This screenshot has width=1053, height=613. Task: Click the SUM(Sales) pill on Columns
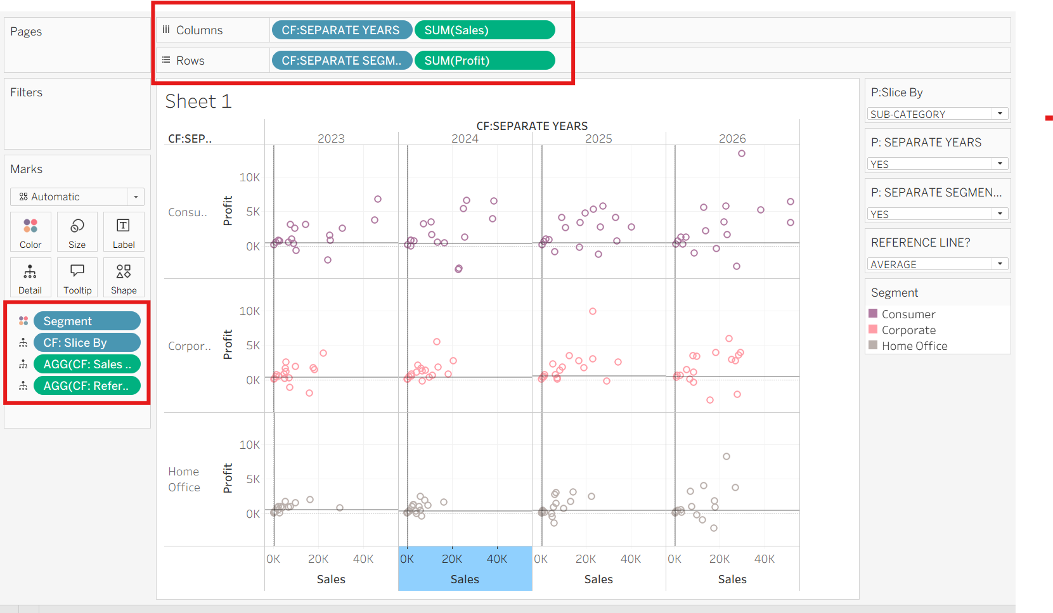click(x=485, y=30)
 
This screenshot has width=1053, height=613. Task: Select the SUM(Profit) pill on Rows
click(x=485, y=61)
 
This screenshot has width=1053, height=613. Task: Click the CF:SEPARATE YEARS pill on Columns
click(x=342, y=30)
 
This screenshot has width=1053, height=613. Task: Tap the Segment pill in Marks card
click(x=87, y=321)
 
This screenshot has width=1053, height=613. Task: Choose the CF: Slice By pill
click(x=87, y=343)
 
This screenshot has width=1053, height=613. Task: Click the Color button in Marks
click(x=30, y=232)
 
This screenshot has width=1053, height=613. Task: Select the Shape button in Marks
click(x=124, y=278)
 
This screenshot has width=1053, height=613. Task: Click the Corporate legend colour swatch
click(x=873, y=330)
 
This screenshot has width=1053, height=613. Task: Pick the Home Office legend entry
click(x=908, y=346)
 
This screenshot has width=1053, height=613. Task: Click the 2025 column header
click(x=598, y=139)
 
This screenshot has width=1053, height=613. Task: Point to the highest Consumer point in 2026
click(x=741, y=153)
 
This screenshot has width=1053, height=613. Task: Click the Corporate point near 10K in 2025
click(x=593, y=311)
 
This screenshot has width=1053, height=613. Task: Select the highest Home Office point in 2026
click(x=727, y=456)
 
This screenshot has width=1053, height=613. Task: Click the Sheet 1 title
click(x=198, y=101)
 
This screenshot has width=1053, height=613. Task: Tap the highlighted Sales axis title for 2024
click(x=465, y=579)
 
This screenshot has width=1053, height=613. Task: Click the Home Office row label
click(x=184, y=479)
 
